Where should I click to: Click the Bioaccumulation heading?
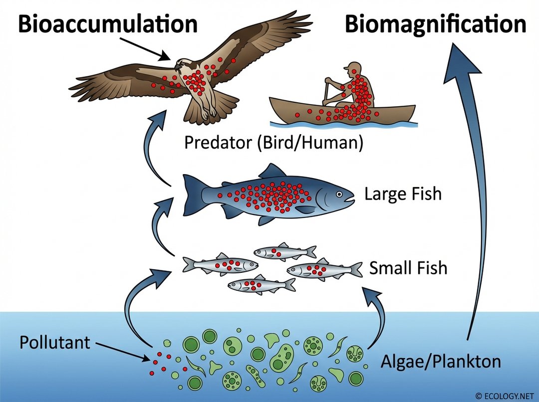coord(107,24)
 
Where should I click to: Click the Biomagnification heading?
coord(435,24)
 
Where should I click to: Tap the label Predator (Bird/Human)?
coord(273,143)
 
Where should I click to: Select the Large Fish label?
coord(403,194)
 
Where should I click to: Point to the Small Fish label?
coord(408,268)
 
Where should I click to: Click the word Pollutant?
coord(55,343)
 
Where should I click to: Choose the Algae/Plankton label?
coord(441,361)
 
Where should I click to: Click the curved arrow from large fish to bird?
coord(152,150)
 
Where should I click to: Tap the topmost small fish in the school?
coord(284,252)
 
